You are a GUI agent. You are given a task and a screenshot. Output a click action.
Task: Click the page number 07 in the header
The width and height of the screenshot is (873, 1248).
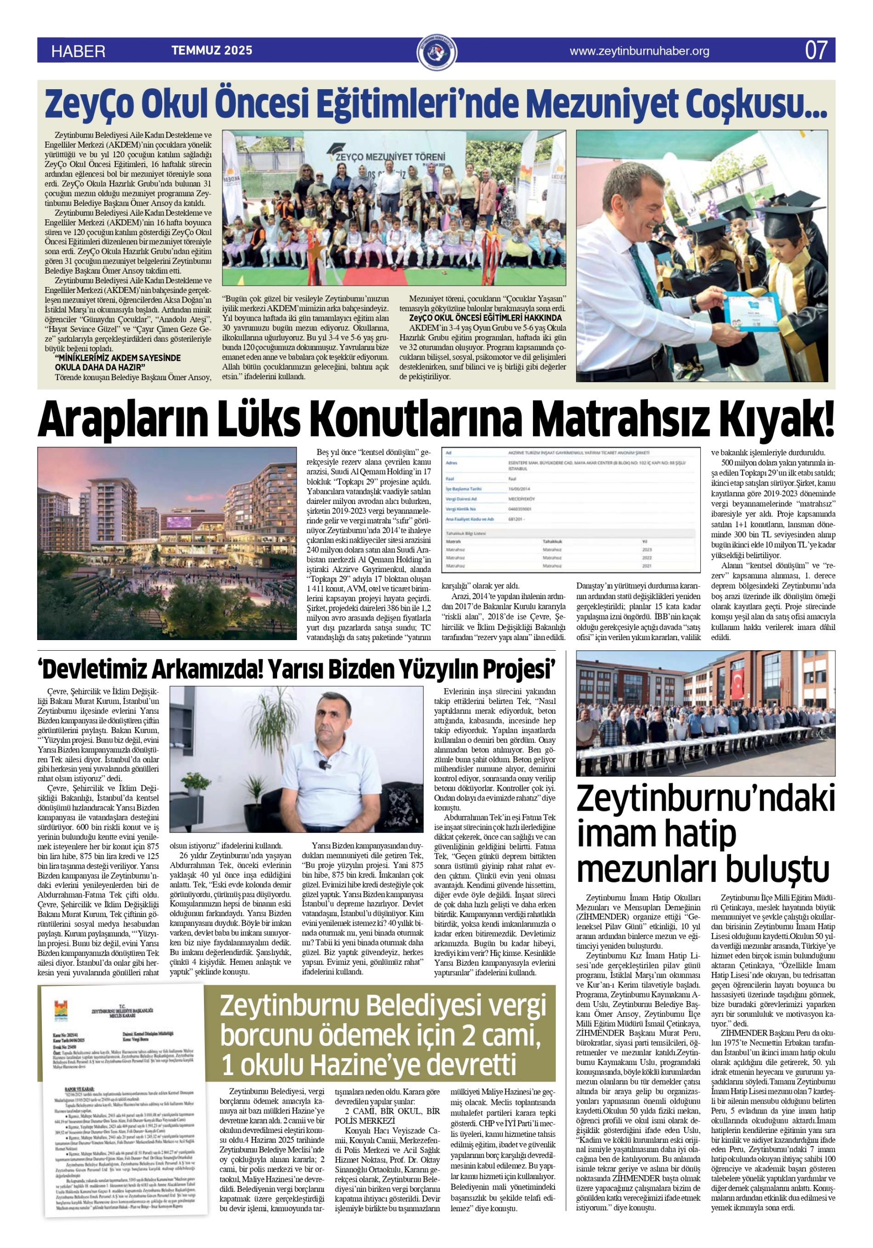tap(816, 50)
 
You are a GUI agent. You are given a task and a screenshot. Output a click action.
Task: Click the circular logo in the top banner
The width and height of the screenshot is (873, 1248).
tap(437, 52)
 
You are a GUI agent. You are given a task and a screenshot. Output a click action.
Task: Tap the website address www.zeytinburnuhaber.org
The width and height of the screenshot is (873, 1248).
tap(639, 51)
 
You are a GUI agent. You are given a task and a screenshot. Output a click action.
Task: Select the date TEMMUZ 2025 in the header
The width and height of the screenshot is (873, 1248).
tap(212, 51)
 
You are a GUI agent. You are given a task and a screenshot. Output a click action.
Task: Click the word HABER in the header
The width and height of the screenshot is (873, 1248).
tap(78, 51)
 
